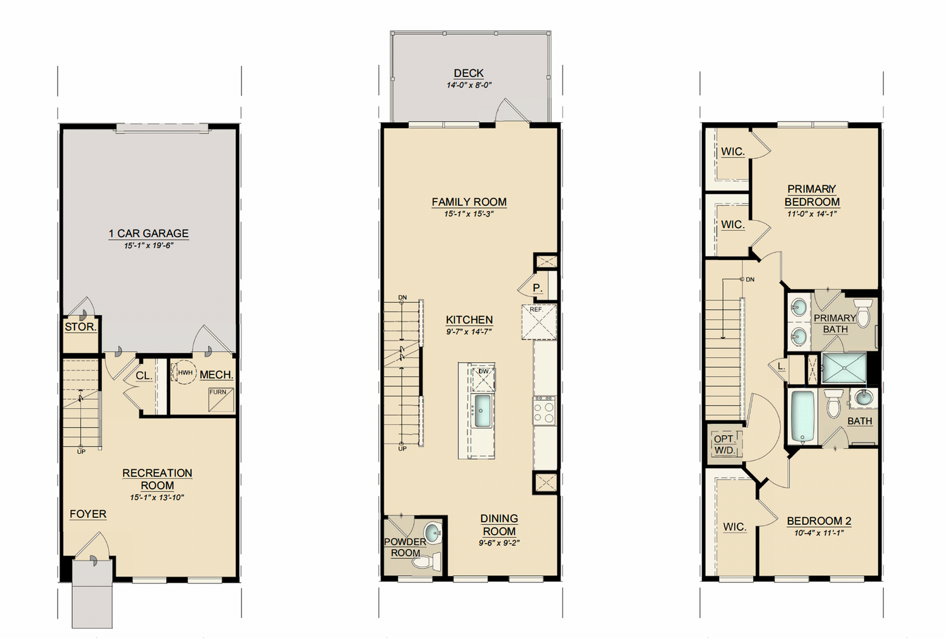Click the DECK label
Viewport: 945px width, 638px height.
tap(469, 73)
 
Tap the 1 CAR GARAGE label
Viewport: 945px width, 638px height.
tap(149, 234)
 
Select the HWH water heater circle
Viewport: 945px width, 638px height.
tap(184, 372)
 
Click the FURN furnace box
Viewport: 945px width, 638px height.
tap(221, 400)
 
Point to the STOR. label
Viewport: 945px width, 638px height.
tap(80, 327)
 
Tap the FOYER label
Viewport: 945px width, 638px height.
tap(88, 514)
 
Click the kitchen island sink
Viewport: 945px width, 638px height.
tap(482, 411)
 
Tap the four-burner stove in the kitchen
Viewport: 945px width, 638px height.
tap(544, 410)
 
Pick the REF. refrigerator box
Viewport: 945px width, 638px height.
tap(539, 322)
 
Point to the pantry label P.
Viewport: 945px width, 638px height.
tap(537, 288)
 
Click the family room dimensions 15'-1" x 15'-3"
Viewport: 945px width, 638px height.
tap(469, 214)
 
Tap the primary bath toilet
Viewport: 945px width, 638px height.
tap(863, 313)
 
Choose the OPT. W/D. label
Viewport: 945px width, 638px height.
tap(724, 444)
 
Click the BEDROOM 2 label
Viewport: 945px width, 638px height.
tap(819, 521)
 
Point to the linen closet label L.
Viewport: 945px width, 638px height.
tap(782, 366)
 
